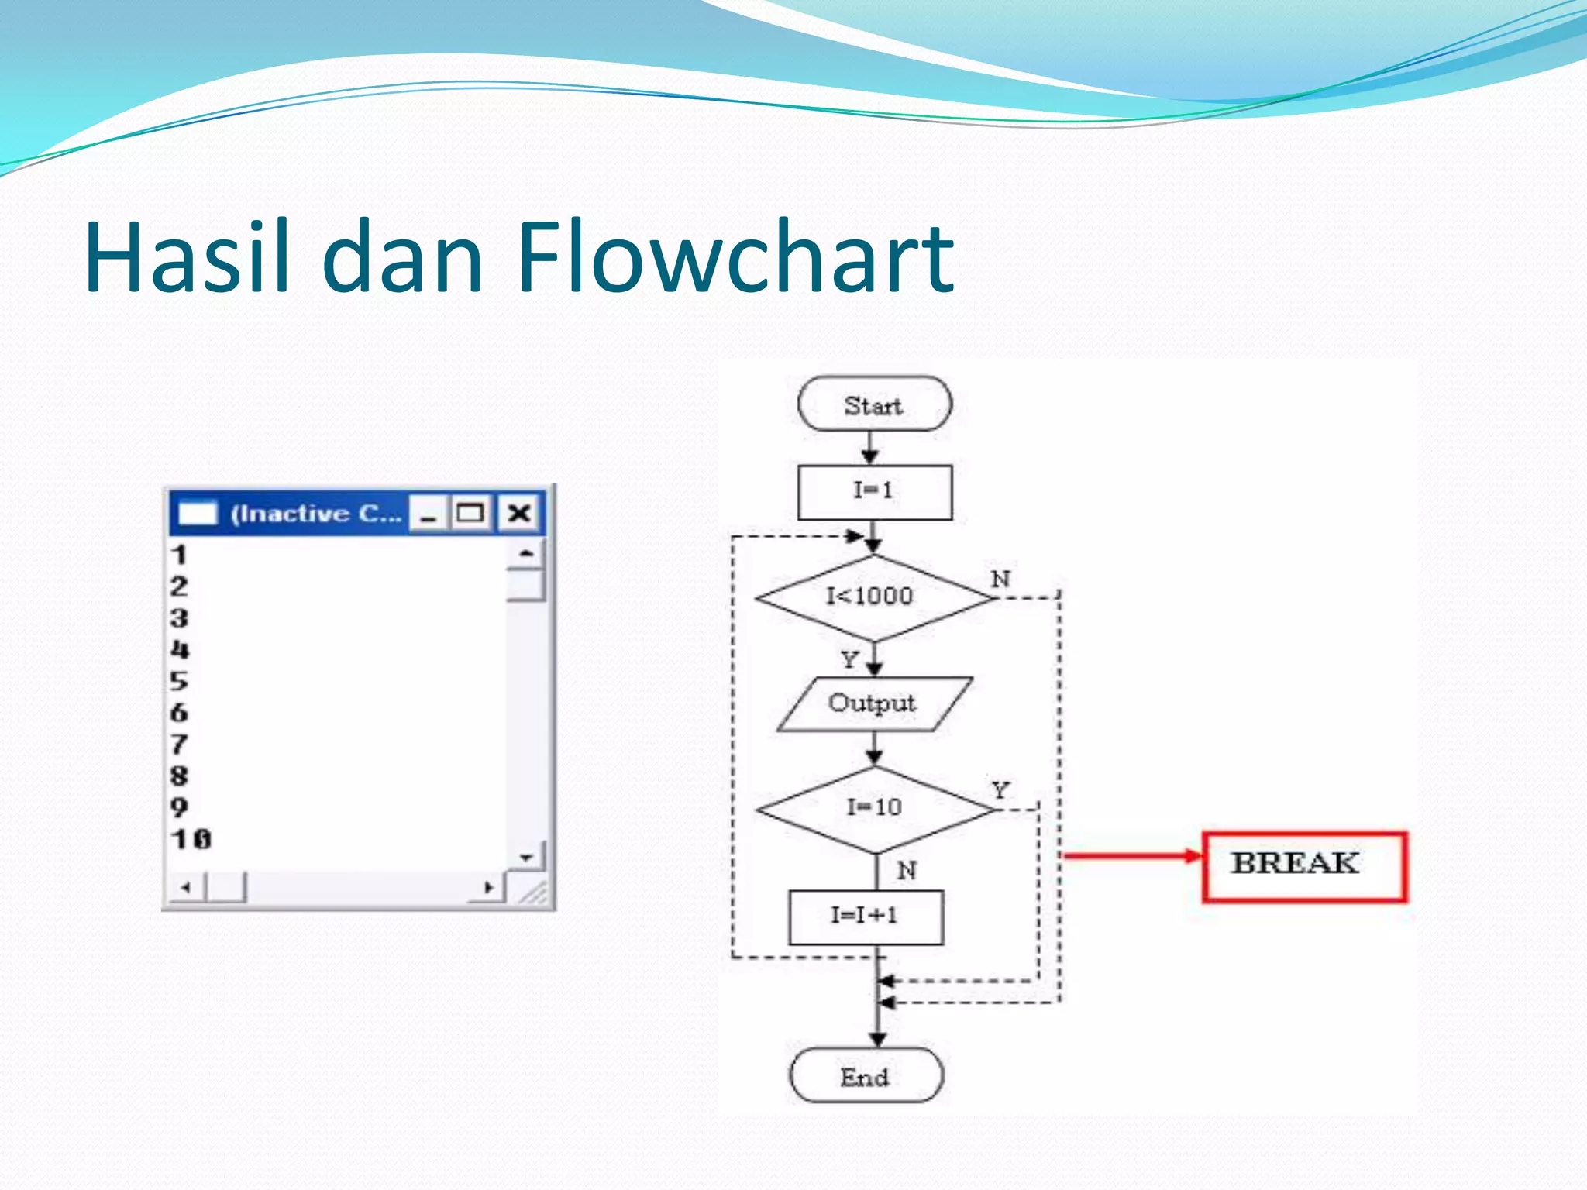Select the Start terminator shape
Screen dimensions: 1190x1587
874,404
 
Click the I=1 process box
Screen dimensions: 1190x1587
874,492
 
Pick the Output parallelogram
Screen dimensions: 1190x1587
873,703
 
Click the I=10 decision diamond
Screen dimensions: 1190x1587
875,809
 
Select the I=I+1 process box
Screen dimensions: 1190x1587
866,917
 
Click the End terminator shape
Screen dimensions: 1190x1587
866,1076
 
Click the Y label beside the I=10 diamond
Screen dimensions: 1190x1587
1000,791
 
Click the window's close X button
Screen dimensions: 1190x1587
519,513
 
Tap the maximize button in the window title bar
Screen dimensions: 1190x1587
470,513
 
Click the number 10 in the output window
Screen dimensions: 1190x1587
191,839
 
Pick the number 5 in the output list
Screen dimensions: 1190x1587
179,681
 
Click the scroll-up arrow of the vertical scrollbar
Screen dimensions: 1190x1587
527,553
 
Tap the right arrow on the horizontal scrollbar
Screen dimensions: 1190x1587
488,888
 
